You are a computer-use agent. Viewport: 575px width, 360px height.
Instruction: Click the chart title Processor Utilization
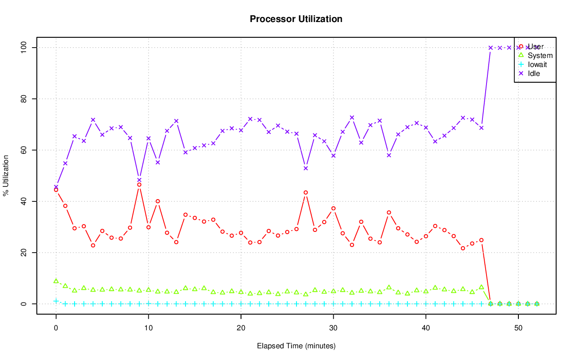click(x=296, y=19)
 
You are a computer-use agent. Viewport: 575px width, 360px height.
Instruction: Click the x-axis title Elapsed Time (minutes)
click(x=296, y=346)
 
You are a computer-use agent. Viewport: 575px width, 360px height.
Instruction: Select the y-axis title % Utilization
click(x=6, y=176)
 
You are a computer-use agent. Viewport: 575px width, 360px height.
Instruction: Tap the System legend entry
click(x=540, y=56)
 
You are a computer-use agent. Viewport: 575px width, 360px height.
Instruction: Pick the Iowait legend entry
click(x=537, y=64)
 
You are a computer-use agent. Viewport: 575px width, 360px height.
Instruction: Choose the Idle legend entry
click(x=534, y=73)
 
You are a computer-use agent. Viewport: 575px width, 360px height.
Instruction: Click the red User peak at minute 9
click(x=139, y=185)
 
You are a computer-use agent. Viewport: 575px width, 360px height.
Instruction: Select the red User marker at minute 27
click(x=305, y=192)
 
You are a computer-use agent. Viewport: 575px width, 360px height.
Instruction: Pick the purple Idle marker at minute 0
click(x=56, y=187)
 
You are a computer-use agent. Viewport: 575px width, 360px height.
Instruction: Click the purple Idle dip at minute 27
click(x=305, y=168)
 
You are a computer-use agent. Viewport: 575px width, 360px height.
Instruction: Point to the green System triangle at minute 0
click(x=56, y=281)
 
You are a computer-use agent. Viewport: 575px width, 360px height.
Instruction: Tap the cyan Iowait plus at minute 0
click(x=56, y=301)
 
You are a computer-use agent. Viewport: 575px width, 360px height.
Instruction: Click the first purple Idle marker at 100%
click(x=491, y=48)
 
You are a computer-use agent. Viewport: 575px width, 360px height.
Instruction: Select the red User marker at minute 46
click(x=481, y=240)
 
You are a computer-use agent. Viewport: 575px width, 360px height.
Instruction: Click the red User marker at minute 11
click(x=158, y=201)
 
